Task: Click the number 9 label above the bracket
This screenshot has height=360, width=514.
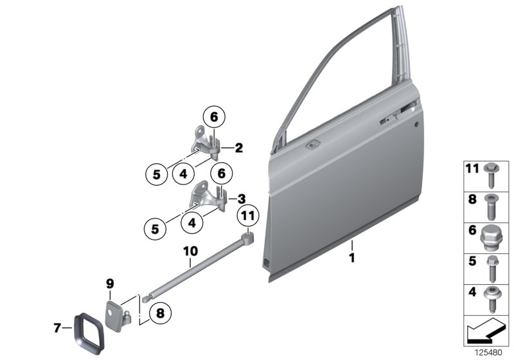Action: [109, 283]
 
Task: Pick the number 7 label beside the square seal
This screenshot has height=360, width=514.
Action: [57, 328]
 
